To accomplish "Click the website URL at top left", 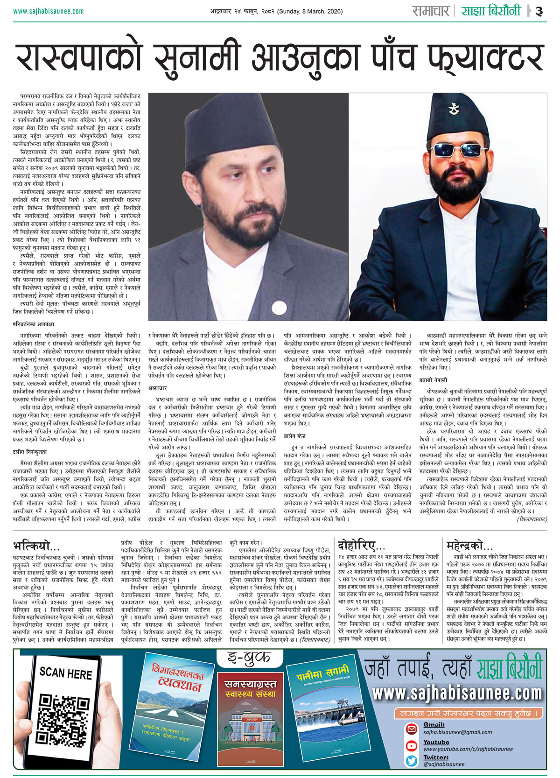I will [49, 11].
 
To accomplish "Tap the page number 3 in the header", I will [539, 11].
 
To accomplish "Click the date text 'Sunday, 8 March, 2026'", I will [310, 11].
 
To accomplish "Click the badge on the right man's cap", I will [452, 110].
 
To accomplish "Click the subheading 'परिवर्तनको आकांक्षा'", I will [34, 324].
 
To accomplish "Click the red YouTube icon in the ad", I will [411, 745].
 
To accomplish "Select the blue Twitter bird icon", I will [411, 761].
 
